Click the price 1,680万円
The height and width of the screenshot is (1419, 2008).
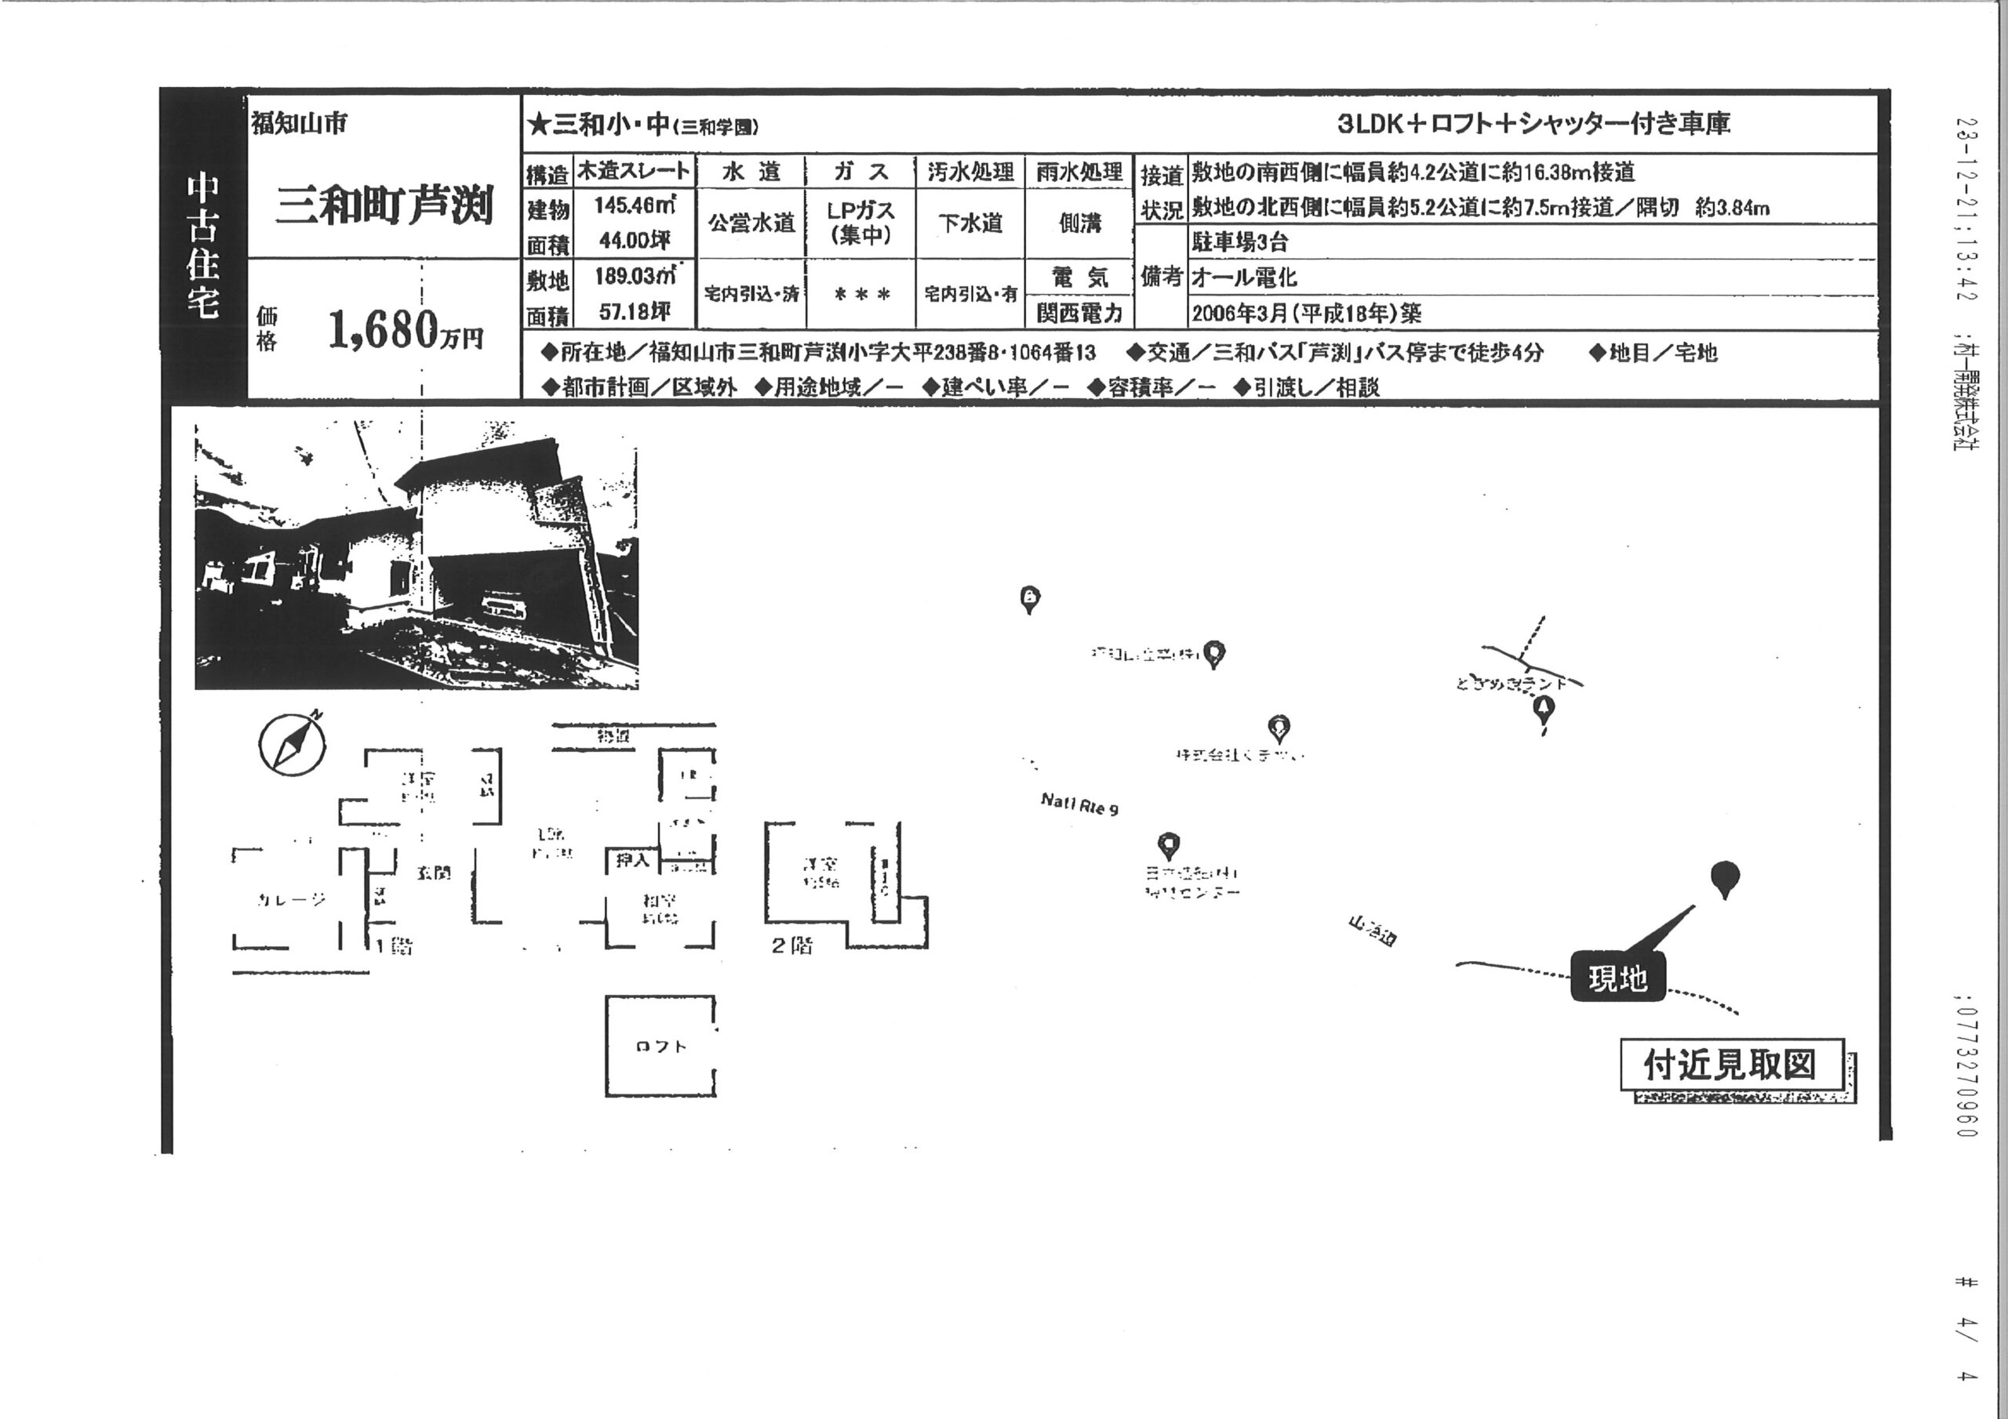[404, 331]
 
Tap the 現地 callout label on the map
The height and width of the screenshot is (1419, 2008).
[1617, 978]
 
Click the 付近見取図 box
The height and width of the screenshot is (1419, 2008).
[1731, 1065]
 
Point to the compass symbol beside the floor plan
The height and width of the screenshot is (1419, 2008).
[292, 746]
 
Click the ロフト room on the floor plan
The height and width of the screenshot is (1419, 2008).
[660, 1047]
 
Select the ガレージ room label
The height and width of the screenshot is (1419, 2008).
[292, 900]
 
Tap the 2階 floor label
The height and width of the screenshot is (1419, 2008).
[791, 945]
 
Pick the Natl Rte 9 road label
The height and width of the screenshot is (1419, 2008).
[1079, 804]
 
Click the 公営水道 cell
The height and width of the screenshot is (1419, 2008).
[751, 223]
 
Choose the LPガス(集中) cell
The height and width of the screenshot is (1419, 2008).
[860, 223]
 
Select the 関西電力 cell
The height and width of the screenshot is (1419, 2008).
[1079, 312]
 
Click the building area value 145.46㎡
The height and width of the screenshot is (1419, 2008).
[635, 206]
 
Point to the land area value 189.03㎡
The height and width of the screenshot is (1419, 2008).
[635, 276]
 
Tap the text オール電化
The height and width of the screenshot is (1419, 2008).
[1245, 278]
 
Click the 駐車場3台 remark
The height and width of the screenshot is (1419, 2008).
[1240, 242]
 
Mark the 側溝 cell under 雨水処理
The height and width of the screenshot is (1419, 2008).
[1079, 223]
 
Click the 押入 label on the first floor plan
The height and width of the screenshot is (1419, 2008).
[632, 860]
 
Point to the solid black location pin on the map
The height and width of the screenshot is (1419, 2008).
[1724, 878]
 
